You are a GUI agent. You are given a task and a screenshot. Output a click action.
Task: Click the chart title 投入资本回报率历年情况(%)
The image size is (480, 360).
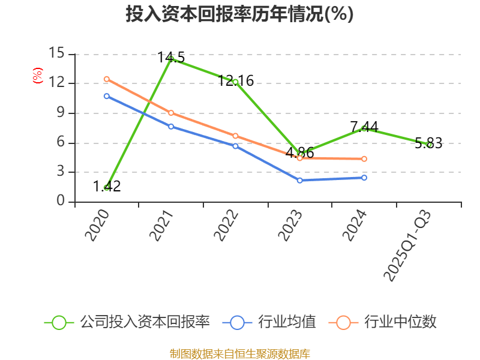[x=239, y=14]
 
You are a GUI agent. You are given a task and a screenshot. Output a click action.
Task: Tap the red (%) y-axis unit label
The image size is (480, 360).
[x=37, y=76]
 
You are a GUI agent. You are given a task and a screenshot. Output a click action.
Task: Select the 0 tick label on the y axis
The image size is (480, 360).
[x=61, y=202]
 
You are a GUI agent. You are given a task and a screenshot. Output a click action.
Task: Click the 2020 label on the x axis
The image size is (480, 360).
[x=97, y=226]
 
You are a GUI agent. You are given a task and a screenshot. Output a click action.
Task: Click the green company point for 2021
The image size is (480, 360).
[x=171, y=58]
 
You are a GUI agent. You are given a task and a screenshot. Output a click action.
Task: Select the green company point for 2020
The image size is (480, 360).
[x=107, y=188]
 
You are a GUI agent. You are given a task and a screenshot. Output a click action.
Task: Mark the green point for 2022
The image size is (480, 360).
[x=236, y=82]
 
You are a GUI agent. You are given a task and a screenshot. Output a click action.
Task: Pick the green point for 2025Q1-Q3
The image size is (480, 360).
[x=429, y=144]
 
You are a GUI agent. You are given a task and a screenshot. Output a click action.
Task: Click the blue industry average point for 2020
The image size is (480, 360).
[x=107, y=96]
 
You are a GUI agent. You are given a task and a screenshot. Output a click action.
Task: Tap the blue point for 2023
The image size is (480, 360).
[x=300, y=180]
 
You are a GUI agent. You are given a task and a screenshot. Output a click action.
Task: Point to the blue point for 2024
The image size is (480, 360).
[x=364, y=178]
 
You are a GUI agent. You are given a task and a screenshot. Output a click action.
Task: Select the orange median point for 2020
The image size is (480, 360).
[x=107, y=79]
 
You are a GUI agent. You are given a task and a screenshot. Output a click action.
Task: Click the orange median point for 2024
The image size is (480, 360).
[x=364, y=159]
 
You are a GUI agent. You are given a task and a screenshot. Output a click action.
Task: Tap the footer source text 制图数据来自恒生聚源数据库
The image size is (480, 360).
[x=239, y=353]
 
